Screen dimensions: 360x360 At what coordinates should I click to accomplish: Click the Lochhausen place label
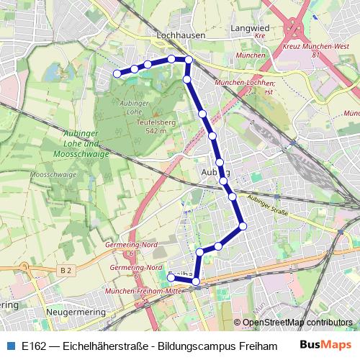tap(176, 33)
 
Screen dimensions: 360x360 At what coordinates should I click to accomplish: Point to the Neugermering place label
tap(75, 313)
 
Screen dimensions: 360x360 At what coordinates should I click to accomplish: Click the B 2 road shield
tap(67, 270)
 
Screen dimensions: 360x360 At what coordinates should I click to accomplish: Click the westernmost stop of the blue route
tap(117, 73)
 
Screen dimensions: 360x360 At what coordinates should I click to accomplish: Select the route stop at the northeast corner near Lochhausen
tap(188, 60)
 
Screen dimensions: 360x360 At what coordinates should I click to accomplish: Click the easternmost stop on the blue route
tap(243, 226)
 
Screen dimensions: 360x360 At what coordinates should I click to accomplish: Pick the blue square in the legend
tap(10, 345)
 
